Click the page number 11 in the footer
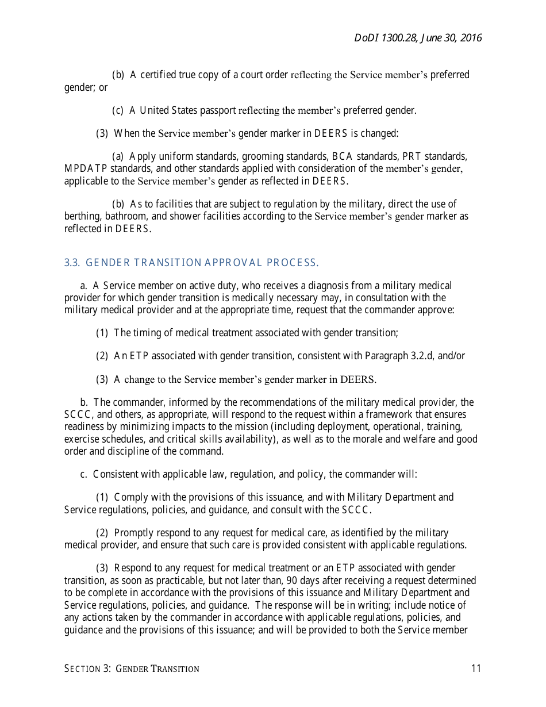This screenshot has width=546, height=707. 475,668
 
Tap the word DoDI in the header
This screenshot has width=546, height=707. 366,38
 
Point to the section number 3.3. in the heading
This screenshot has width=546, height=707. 72,263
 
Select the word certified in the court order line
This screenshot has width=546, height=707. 158,75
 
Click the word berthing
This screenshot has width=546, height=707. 82,216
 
